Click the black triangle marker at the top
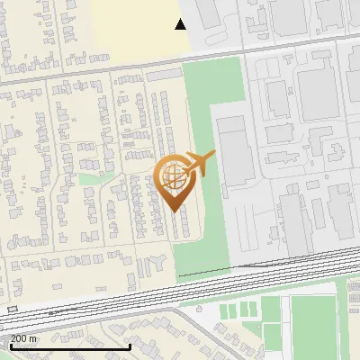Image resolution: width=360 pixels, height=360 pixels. tap(181, 24)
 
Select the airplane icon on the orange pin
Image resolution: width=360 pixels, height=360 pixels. tap(199, 166)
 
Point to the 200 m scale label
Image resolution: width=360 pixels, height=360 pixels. tap(24, 338)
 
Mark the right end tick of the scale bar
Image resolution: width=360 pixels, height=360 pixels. tap(130, 346)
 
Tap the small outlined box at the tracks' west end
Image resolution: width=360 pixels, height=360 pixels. tap(11, 309)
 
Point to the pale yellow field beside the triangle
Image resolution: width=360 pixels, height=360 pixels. tap(135, 31)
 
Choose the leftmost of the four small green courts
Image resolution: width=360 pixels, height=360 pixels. tap(225, 311)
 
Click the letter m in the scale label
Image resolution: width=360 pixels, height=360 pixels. tap(33, 338)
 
